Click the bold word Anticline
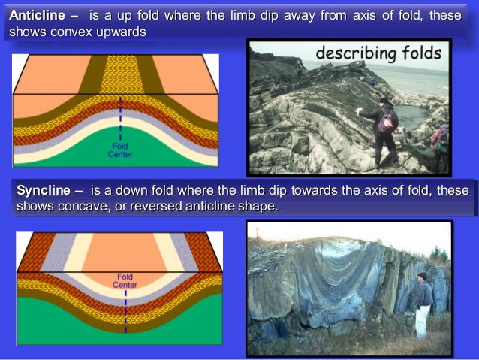point(36,16)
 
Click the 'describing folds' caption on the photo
point(378,53)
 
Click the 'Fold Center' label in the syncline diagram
point(125,280)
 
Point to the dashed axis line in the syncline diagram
point(125,308)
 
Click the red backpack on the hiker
point(387,122)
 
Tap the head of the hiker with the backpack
point(384,101)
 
